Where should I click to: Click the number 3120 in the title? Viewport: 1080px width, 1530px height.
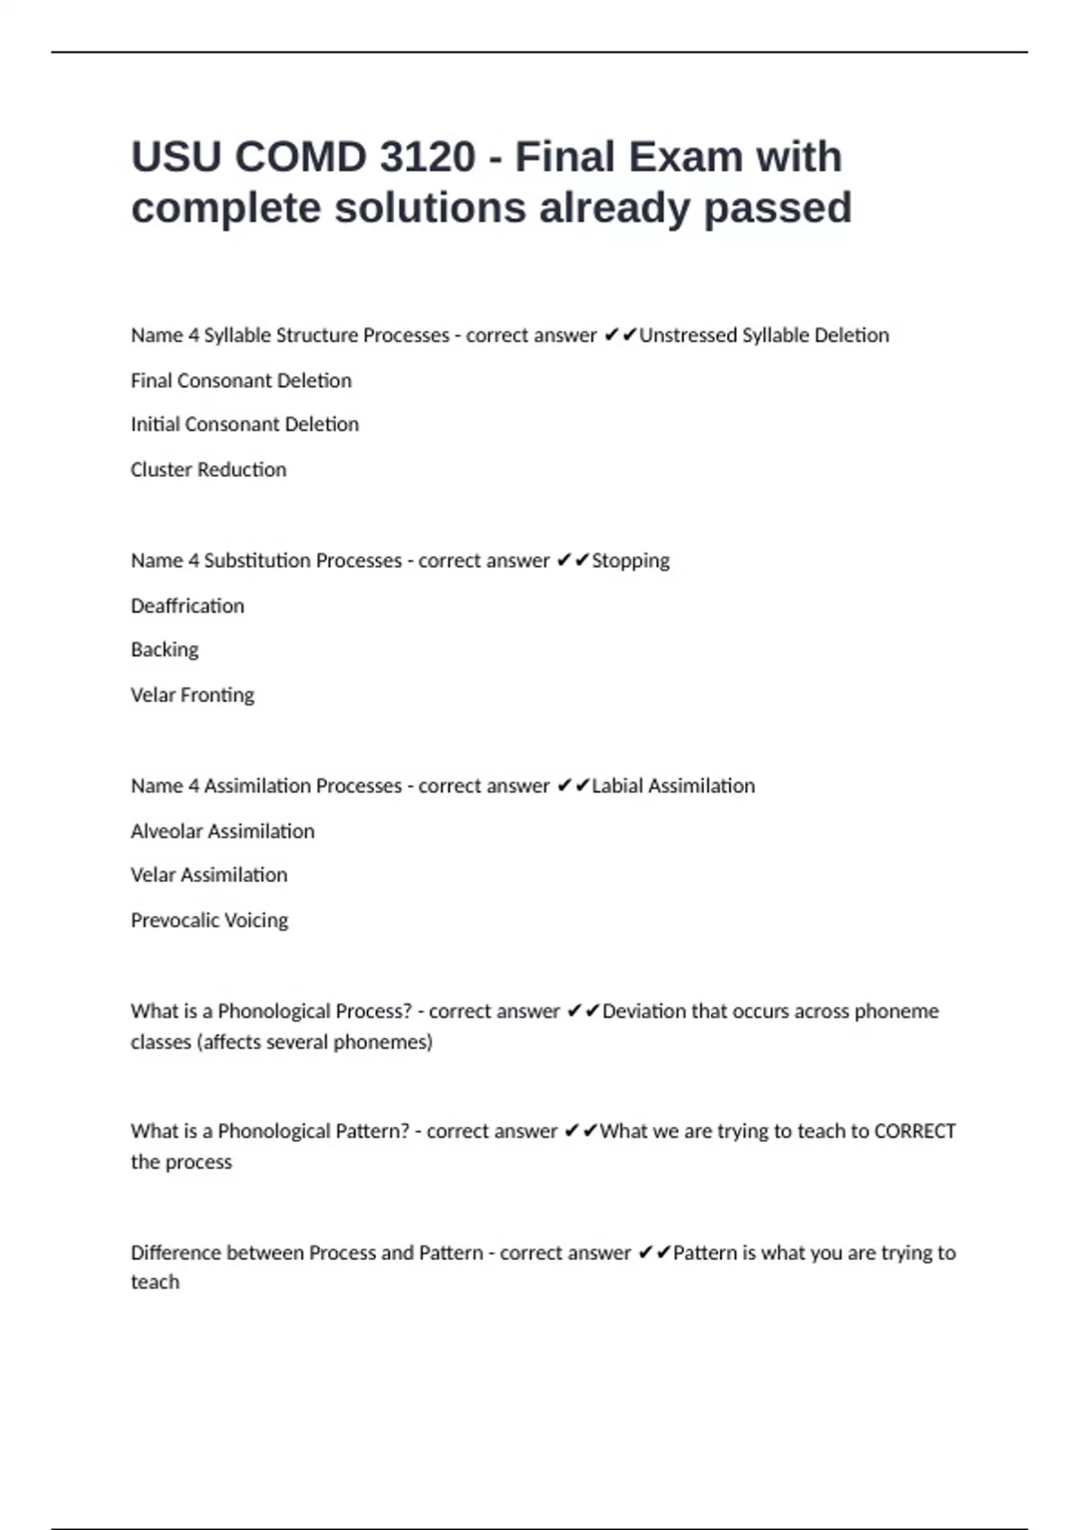coord(427,157)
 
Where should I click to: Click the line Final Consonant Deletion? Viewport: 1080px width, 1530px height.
coord(240,381)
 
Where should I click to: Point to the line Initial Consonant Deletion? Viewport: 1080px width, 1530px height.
coord(244,425)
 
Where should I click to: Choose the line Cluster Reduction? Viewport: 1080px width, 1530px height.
coord(208,470)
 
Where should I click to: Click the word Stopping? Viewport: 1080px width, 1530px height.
coord(630,561)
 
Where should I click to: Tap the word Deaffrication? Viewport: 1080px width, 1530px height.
coord(187,606)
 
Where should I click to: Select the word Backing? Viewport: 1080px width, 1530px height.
coord(164,650)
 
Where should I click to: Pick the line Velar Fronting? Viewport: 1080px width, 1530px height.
coord(192,695)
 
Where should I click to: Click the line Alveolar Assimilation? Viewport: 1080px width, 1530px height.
coord(222,831)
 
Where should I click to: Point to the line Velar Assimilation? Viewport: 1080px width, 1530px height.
coord(209,875)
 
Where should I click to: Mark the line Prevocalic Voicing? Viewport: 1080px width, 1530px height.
coord(209,920)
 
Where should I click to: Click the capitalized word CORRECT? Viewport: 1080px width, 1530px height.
coord(914,1131)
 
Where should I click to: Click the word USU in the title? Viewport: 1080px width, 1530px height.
coord(175,157)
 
